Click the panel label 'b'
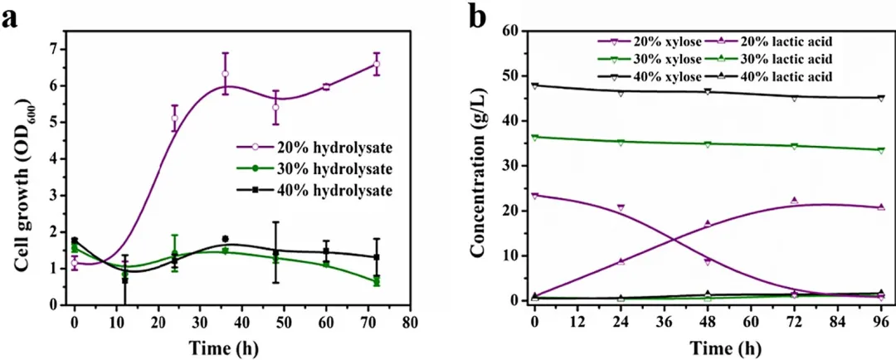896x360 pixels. (478, 17)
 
